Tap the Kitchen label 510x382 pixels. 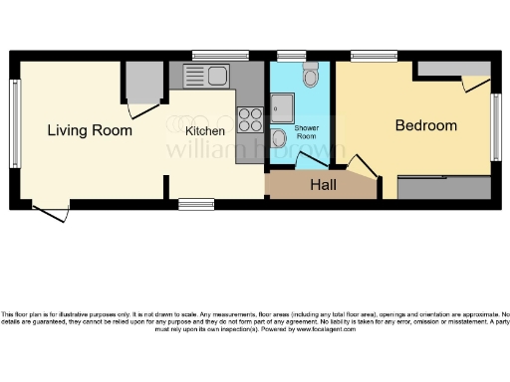click(x=204, y=130)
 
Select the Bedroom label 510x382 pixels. click(x=426, y=125)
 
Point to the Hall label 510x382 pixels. click(x=323, y=185)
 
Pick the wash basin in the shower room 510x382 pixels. click(x=280, y=137)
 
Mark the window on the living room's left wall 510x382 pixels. click(x=14, y=121)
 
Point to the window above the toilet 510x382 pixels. click(x=291, y=56)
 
